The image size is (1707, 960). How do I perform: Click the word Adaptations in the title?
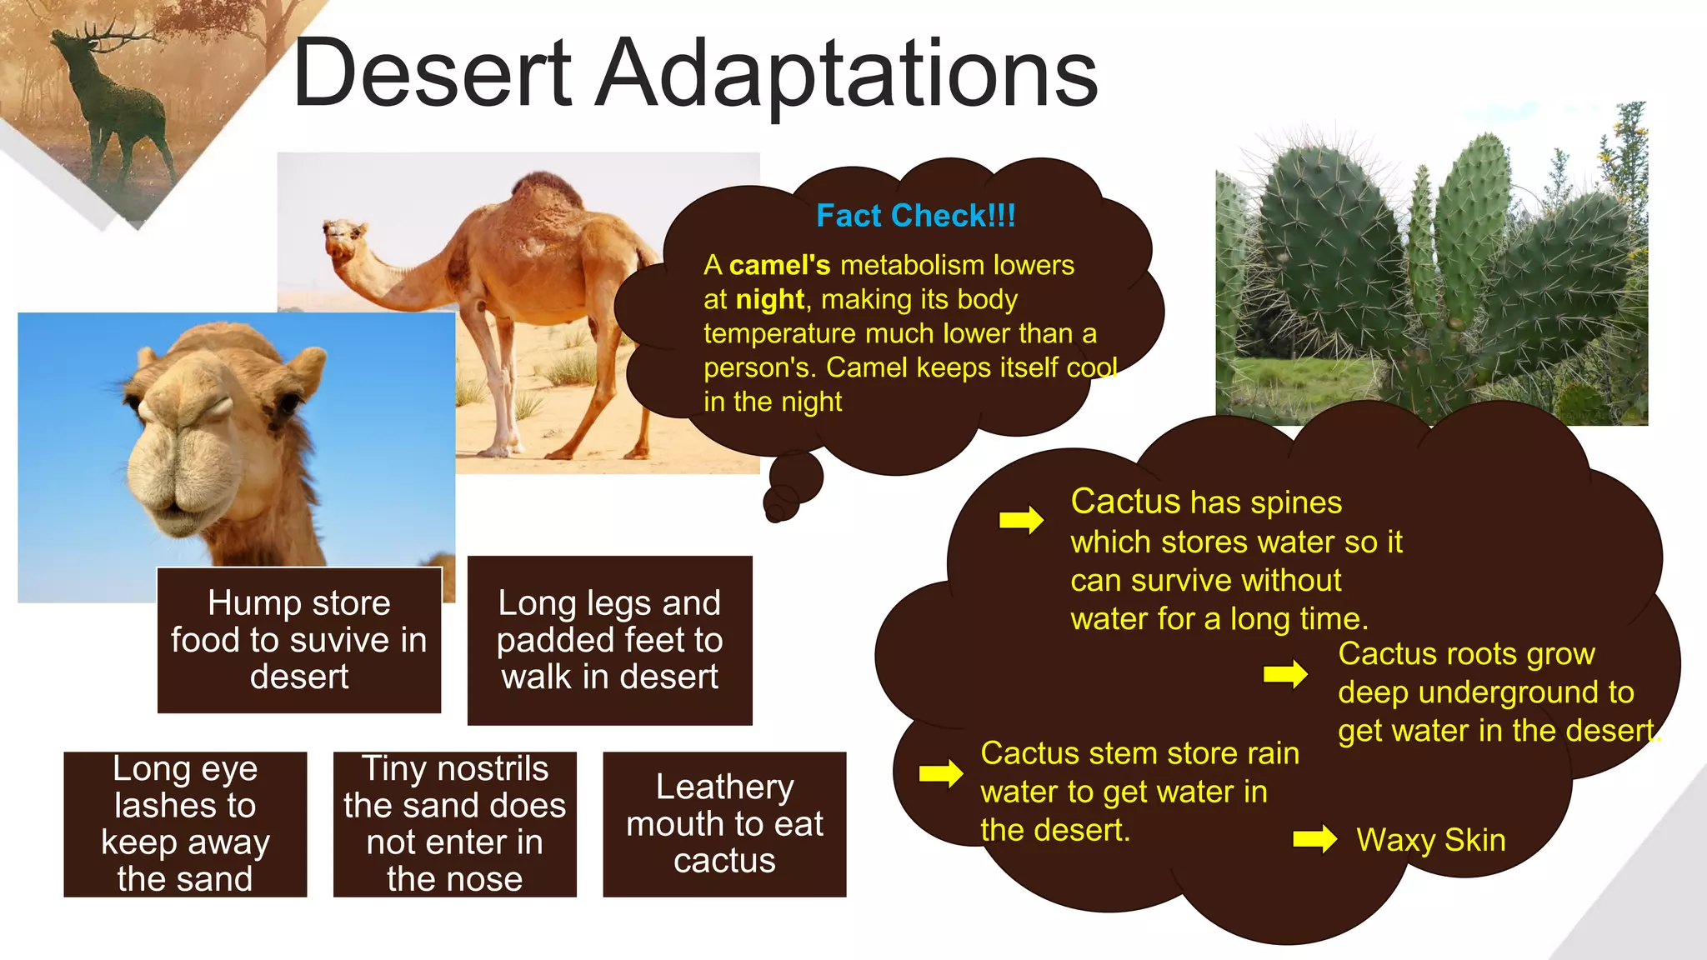[x=848, y=75]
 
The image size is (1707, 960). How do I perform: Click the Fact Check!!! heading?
[x=915, y=216]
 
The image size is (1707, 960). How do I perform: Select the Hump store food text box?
[x=299, y=640]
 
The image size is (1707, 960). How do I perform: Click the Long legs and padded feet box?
[x=609, y=640]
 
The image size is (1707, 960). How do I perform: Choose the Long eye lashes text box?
[x=185, y=823]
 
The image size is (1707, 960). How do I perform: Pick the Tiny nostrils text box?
[x=454, y=823]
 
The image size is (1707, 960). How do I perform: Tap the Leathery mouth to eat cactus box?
[x=724, y=823]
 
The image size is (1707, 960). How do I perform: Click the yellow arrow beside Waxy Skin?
[x=1314, y=838]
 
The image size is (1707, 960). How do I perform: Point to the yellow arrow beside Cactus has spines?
[x=1021, y=520]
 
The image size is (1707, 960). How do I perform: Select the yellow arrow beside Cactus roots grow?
[x=1284, y=673]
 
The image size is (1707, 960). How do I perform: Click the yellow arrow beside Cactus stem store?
[x=940, y=773]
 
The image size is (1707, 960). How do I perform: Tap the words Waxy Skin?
[x=1430, y=840]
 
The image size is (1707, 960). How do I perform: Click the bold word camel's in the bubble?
[x=779, y=265]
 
